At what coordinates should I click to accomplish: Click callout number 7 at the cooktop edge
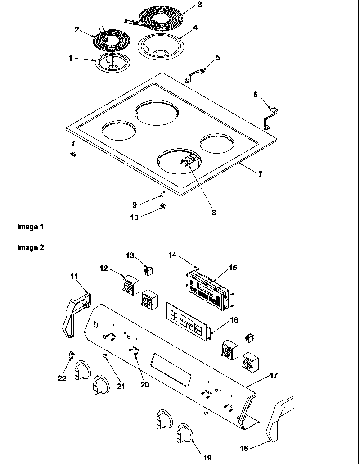(260, 174)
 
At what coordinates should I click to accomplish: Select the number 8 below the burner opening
(213, 212)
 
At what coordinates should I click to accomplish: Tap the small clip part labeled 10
(162, 206)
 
